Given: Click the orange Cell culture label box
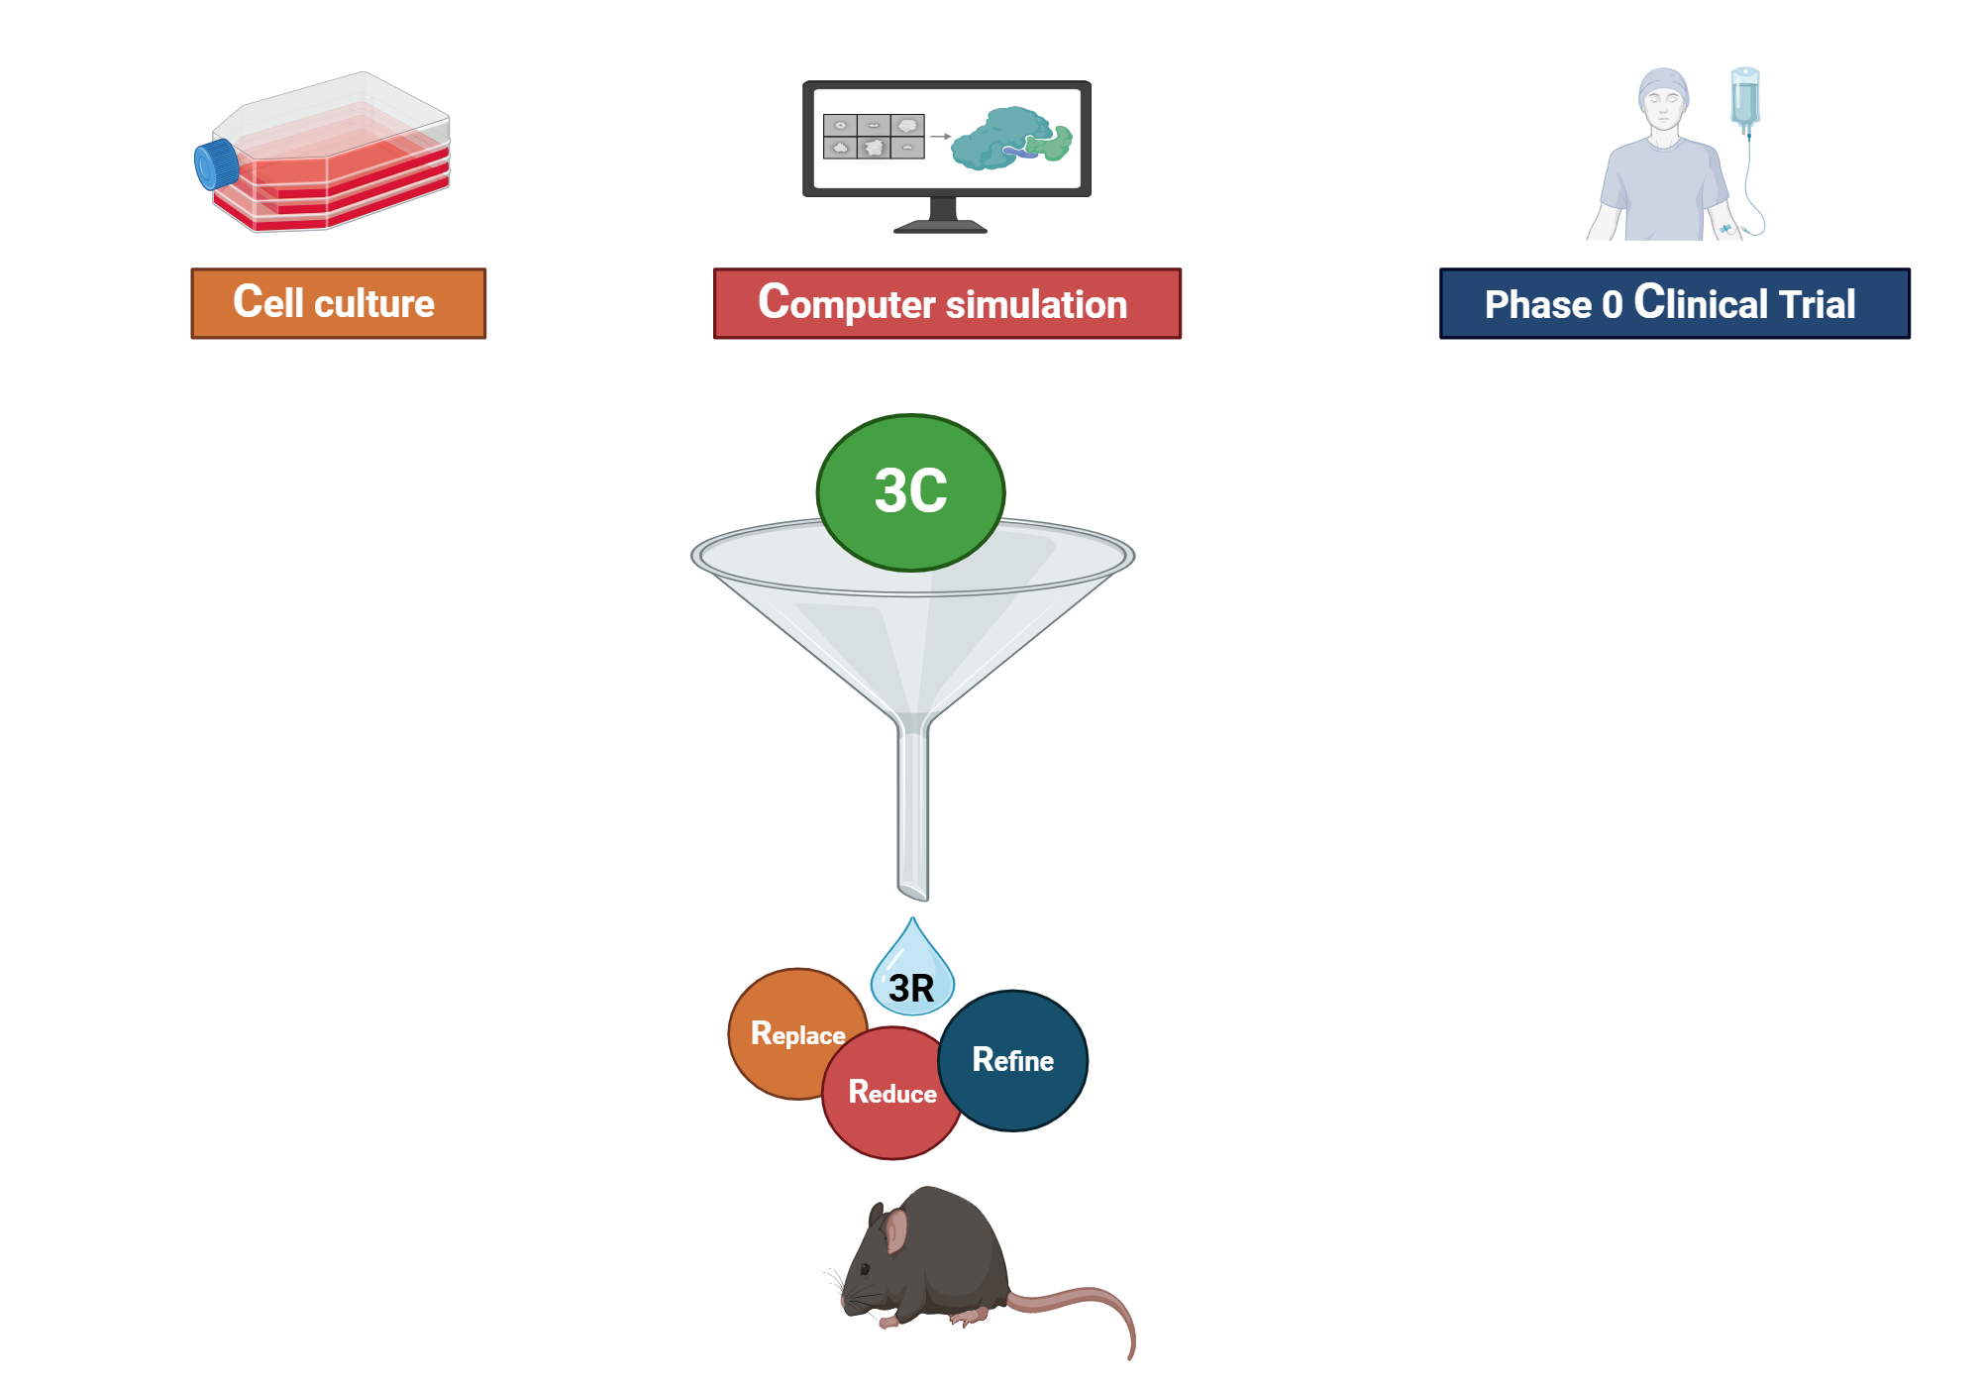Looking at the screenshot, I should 338,303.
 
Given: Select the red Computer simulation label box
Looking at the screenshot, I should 946,303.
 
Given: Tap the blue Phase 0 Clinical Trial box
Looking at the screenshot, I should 1674,303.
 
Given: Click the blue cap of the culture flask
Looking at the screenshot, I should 214,164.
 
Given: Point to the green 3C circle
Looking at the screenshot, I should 910,491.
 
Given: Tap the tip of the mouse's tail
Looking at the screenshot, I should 1131,1354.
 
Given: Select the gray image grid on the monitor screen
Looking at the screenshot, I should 874,136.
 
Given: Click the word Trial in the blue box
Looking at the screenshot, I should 1817,304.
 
